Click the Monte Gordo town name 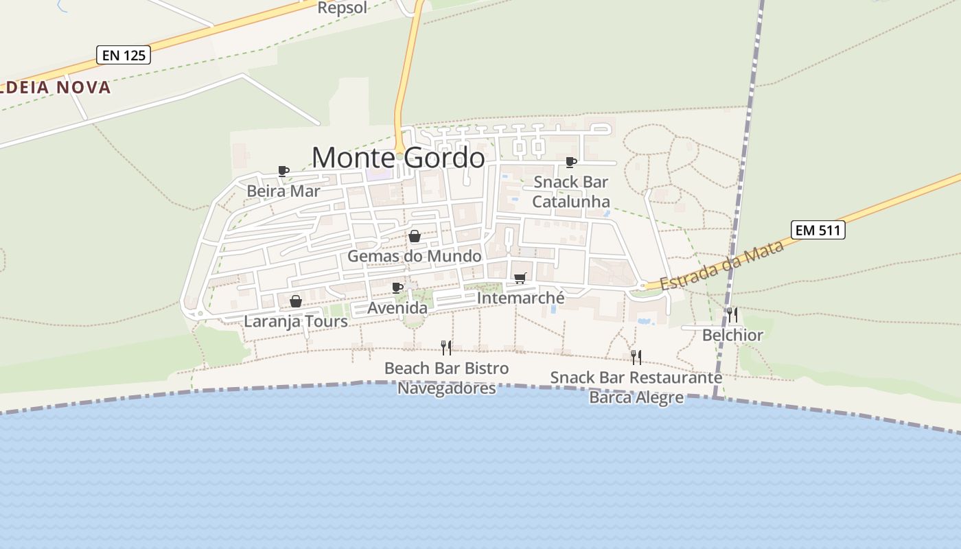pyautogui.click(x=398, y=157)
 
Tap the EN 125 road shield pyautogui.click(x=124, y=55)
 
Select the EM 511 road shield pyautogui.click(x=818, y=230)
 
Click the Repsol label pyautogui.click(x=343, y=8)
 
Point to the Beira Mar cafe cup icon pyautogui.click(x=283, y=171)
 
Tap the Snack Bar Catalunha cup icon pyautogui.click(x=570, y=162)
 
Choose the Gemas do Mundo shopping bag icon pyautogui.click(x=415, y=237)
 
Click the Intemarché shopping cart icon pyautogui.click(x=520, y=278)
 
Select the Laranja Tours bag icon pyautogui.click(x=295, y=301)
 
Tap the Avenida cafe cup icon pyautogui.click(x=397, y=288)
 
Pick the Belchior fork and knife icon pyautogui.click(x=732, y=315)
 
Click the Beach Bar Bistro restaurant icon pyautogui.click(x=446, y=348)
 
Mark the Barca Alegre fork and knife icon pyautogui.click(x=636, y=357)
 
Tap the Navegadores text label pyautogui.click(x=446, y=388)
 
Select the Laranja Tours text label pyautogui.click(x=296, y=321)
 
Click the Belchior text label pyautogui.click(x=732, y=335)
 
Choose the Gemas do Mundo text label pyautogui.click(x=415, y=256)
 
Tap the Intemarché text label pyautogui.click(x=520, y=298)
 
